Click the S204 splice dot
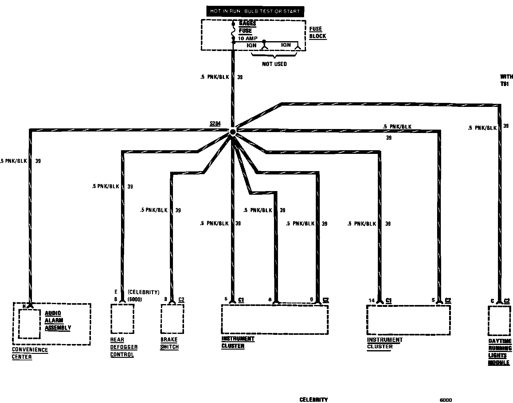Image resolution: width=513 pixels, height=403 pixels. click(x=233, y=132)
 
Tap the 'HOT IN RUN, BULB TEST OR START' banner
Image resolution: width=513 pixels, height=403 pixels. click(x=255, y=11)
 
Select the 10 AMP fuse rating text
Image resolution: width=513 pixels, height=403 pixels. click(x=248, y=39)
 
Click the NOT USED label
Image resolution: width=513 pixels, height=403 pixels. click(x=274, y=64)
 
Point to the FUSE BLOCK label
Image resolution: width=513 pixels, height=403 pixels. click(x=317, y=32)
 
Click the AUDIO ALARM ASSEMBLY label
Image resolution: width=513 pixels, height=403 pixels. click(x=58, y=320)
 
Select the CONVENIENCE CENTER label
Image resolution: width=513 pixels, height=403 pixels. click(x=30, y=353)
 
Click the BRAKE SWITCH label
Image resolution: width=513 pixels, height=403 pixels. click(x=169, y=343)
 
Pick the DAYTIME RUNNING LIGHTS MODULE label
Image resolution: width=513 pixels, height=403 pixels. click(x=500, y=352)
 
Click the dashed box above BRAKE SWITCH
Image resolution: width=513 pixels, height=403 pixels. click(x=172, y=319)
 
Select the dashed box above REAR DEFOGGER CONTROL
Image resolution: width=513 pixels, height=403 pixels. click(x=122, y=319)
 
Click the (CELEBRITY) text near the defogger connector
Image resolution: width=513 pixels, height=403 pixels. click(x=143, y=292)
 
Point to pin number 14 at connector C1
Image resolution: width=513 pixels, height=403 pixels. click(x=372, y=300)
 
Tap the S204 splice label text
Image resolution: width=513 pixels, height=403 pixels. click(x=215, y=124)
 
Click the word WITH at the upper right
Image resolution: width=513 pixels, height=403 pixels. click(x=506, y=77)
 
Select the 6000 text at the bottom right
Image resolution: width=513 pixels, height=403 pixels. click(x=446, y=400)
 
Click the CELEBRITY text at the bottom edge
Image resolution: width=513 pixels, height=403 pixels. click(x=313, y=400)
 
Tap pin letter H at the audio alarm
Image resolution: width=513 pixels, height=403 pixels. click(x=24, y=306)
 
